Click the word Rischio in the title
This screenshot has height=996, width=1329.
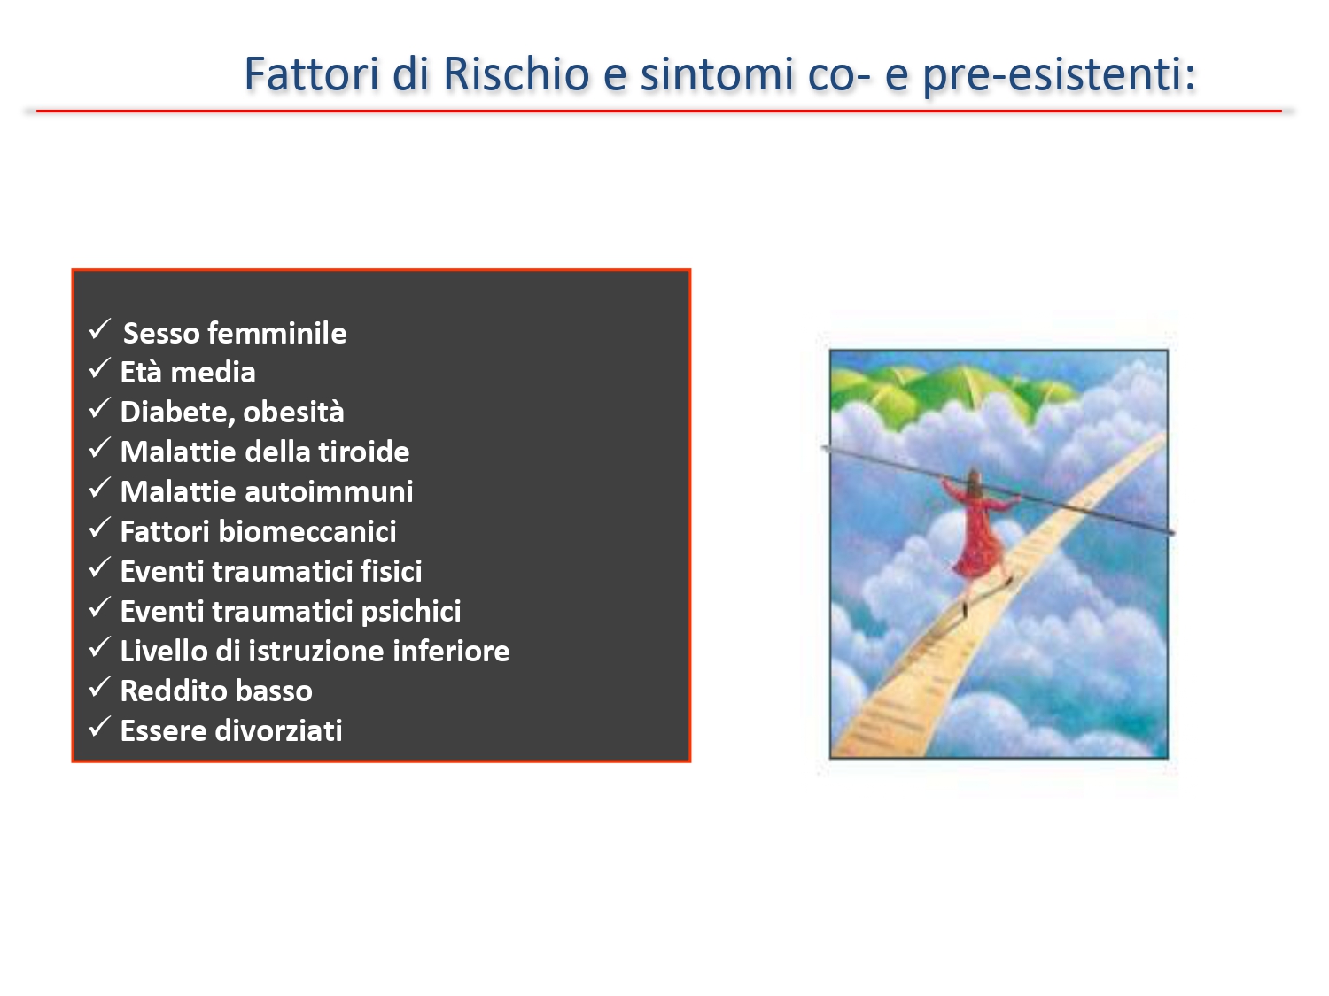pos(517,73)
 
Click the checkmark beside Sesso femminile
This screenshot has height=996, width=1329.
pos(99,330)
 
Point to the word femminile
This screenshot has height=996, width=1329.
pos(277,333)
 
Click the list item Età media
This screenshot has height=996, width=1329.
pos(188,373)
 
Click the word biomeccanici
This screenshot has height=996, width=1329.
pos(307,531)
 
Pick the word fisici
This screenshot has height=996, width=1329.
pos(391,571)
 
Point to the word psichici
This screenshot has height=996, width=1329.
pos(411,612)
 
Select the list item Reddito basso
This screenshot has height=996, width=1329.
pos(216,691)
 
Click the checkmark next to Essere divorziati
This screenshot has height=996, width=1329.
pos(99,727)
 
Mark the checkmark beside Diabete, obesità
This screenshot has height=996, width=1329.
pos(99,408)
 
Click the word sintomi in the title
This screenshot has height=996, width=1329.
pos(717,73)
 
